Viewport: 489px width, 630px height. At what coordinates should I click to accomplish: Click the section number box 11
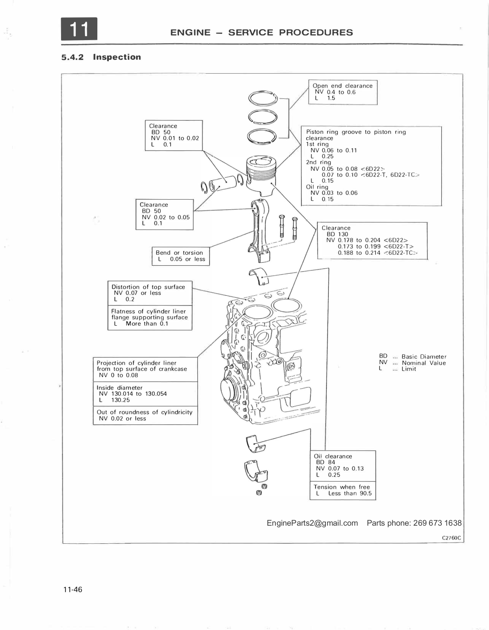coord(79,29)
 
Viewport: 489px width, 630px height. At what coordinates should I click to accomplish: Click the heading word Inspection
coord(117,57)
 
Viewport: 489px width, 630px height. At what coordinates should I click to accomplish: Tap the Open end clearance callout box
coord(342,92)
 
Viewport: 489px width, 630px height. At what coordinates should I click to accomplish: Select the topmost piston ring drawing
coord(263,98)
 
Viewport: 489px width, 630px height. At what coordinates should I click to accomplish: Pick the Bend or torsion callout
coord(181,256)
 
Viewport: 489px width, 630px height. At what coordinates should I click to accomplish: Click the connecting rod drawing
coord(260,229)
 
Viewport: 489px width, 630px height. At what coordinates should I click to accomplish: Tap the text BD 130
coord(337,234)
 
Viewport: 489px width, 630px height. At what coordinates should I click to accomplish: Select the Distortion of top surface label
coord(148,287)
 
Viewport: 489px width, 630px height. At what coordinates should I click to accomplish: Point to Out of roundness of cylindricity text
coord(145,412)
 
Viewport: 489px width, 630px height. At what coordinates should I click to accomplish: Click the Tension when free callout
coord(343,490)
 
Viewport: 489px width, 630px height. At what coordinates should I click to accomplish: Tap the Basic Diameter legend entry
coord(413,357)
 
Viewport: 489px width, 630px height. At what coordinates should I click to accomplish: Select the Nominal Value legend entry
coord(413,363)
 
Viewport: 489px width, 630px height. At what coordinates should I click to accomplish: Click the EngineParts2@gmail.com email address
coord(312,523)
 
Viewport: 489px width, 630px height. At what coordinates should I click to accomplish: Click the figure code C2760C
coord(451,538)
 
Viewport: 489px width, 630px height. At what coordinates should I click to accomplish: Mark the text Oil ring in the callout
coord(317,187)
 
